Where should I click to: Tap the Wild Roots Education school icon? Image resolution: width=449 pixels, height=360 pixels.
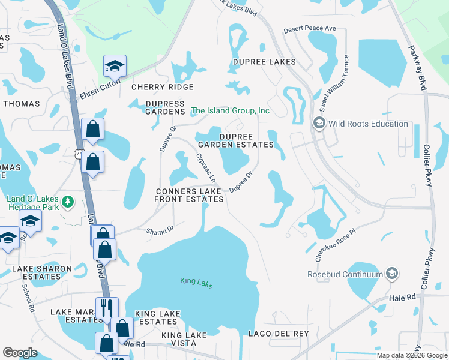point(319,124)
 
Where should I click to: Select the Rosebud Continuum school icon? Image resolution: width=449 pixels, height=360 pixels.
point(392,274)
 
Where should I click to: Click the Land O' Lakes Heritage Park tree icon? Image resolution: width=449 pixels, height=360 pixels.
point(70,200)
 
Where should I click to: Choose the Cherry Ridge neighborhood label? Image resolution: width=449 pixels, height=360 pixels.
point(162,87)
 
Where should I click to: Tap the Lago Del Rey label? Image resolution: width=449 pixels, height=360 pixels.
point(279,334)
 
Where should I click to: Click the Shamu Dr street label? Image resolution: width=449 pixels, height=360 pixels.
point(161,229)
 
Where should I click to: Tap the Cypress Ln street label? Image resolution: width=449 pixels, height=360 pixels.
point(205,169)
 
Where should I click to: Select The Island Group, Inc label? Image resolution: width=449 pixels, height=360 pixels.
point(230,111)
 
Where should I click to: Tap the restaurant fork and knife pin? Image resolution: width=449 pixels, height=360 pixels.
point(107,308)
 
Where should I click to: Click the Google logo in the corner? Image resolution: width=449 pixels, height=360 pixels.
point(20,353)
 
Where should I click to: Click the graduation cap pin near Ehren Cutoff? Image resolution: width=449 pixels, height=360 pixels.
point(114,66)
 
